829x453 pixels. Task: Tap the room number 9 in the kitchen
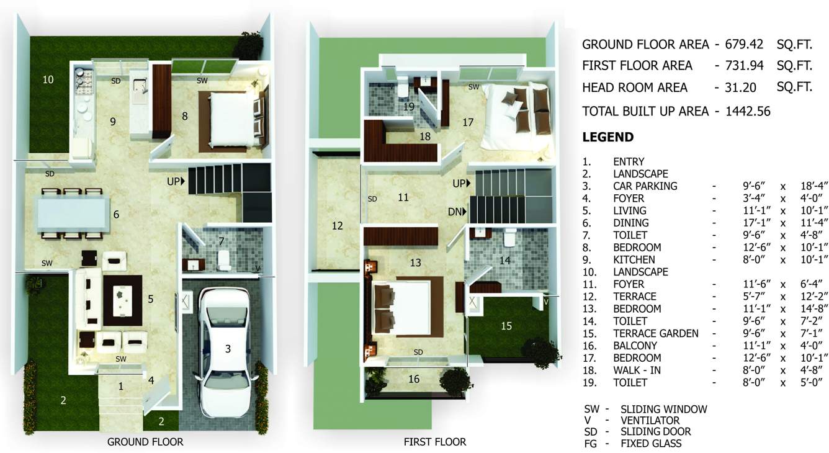click(x=113, y=122)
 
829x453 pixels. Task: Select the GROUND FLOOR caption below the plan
click(x=145, y=442)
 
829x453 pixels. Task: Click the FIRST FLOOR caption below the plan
click(x=434, y=442)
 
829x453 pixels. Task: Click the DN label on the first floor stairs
click(x=457, y=212)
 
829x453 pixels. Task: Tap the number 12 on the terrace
click(x=337, y=226)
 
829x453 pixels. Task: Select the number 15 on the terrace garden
click(x=506, y=325)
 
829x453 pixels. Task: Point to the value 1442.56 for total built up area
click(x=748, y=112)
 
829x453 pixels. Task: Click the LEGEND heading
click(x=607, y=137)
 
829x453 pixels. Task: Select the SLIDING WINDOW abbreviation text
click(x=663, y=409)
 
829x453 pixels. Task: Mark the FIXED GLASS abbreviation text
click(x=651, y=443)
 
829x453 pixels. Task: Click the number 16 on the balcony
click(x=414, y=379)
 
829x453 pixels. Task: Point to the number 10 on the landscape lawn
click(x=48, y=79)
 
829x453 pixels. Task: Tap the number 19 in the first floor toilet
click(x=408, y=107)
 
